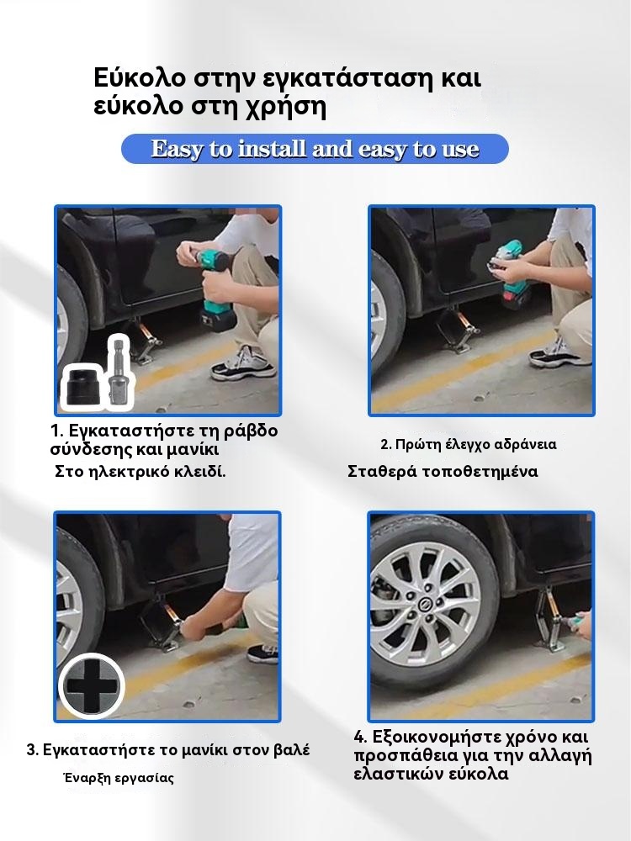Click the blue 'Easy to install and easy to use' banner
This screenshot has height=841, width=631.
coord(315,149)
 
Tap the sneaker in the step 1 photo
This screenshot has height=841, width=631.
coord(243,365)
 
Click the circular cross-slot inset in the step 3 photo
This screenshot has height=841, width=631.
coord(92,687)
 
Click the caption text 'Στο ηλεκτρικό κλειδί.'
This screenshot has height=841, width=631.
coord(141,472)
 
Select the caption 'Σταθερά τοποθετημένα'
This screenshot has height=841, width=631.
coord(443,472)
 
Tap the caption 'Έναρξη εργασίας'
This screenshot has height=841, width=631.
coord(119,777)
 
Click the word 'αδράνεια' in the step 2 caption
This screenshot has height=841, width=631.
coord(517,445)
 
